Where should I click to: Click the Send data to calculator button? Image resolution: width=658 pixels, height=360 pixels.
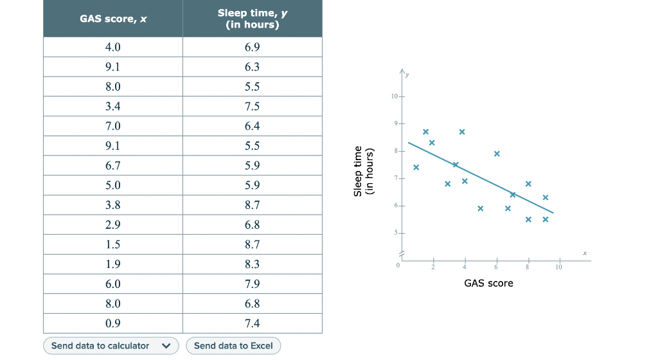(x=100, y=346)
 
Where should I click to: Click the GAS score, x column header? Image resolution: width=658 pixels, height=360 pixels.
(x=113, y=19)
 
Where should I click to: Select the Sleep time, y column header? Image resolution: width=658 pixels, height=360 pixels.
(x=252, y=19)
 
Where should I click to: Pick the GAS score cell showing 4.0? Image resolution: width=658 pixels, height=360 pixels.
(x=113, y=47)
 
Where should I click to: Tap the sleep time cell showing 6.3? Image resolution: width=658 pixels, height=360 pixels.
(x=252, y=67)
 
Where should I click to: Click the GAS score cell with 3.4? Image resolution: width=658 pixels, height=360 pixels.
(x=113, y=106)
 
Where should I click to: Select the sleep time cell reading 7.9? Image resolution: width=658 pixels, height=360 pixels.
(x=252, y=283)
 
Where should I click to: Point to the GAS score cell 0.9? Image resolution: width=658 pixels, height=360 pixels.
(x=113, y=323)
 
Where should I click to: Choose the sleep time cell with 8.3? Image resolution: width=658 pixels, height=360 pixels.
(x=252, y=264)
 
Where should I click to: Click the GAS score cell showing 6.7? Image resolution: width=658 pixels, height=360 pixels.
(x=113, y=165)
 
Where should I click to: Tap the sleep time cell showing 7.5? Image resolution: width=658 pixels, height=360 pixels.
(x=252, y=106)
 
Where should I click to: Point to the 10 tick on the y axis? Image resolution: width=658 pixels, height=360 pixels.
(x=395, y=96)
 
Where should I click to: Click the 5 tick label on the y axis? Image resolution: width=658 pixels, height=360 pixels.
(x=396, y=232)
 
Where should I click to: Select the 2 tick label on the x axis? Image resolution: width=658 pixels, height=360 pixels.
(x=432, y=267)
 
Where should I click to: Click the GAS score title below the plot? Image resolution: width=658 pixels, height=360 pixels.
(x=488, y=283)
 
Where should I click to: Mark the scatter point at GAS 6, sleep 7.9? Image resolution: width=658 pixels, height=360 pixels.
(x=497, y=154)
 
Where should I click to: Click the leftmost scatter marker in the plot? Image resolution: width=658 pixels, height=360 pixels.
(x=416, y=167)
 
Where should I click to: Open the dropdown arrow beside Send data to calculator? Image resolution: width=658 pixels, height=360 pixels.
(x=166, y=346)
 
